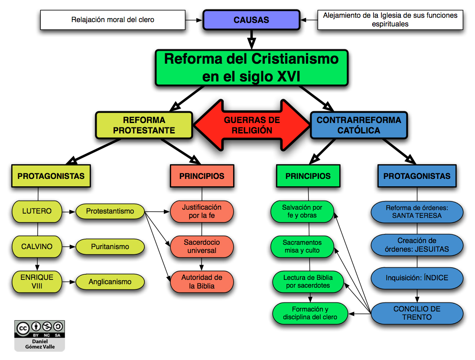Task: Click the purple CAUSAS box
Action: [x=251, y=20]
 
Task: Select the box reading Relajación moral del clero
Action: [x=113, y=20]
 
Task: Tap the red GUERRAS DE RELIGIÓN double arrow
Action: [x=251, y=125]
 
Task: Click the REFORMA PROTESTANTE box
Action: [x=143, y=125]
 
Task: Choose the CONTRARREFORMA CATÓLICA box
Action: [x=359, y=125]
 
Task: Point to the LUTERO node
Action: [x=37, y=211]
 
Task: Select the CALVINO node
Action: [x=37, y=246]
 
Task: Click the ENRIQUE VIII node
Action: [x=37, y=282]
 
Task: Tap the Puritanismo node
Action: [x=110, y=246]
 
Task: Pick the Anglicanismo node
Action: [x=110, y=282]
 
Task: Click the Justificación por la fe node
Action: [x=202, y=211]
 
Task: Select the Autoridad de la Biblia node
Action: [x=202, y=282]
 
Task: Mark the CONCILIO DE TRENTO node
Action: [x=416, y=313]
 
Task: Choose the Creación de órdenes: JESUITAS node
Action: [x=416, y=245]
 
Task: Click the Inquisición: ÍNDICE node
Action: [x=416, y=278]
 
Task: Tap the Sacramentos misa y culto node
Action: [x=302, y=246]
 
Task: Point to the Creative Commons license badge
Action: [x=39, y=329]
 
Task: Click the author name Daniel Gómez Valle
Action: [x=39, y=344]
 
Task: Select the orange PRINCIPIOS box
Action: [x=202, y=176]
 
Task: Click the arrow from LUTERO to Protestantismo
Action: [x=68, y=212]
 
